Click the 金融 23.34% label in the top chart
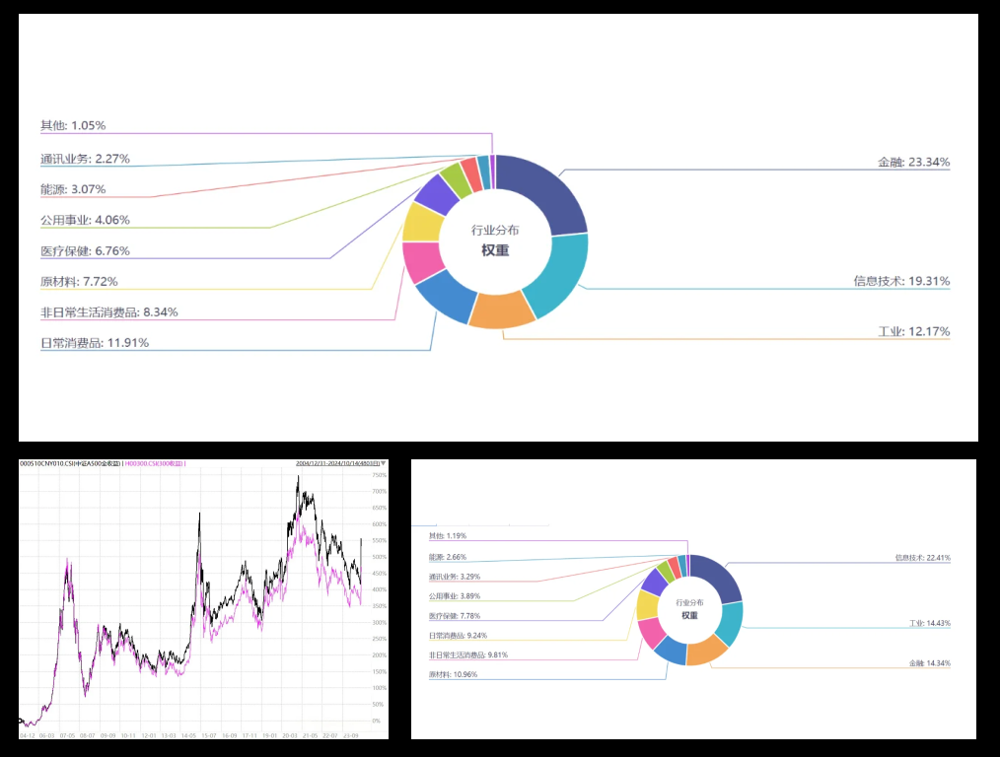point(913,162)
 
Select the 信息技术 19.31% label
point(901,281)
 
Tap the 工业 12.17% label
point(913,331)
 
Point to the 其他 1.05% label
point(73,126)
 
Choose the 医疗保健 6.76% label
point(85,251)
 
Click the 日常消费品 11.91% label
point(95,343)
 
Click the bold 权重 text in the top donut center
point(495,250)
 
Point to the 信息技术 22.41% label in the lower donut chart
point(922,558)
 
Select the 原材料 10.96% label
point(453,674)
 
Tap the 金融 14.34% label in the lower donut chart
point(929,663)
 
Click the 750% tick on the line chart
point(378,475)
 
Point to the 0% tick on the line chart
point(376,721)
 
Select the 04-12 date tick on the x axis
point(27,735)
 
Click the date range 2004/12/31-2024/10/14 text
point(335,463)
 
